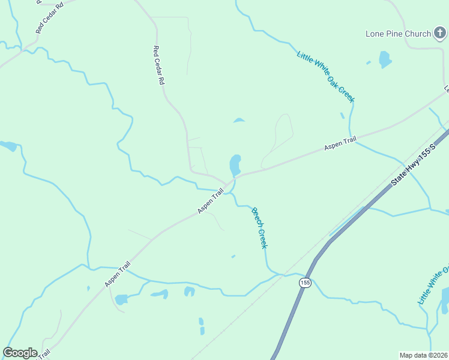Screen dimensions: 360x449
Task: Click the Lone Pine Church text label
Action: (x=399, y=34)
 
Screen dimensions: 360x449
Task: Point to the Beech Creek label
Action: (x=259, y=227)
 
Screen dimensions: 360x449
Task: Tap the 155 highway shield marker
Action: (x=305, y=283)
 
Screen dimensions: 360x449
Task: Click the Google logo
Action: (x=20, y=352)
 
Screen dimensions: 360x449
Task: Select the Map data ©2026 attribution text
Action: (x=423, y=355)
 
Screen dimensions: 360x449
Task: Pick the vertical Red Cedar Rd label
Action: (x=158, y=65)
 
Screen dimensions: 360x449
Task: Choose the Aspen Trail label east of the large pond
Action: (x=340, y=143)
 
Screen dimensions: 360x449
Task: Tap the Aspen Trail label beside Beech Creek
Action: (x=211, y=200)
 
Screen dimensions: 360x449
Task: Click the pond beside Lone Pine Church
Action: (x=385, y=59)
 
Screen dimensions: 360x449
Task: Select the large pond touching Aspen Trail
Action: (x=235, y=164)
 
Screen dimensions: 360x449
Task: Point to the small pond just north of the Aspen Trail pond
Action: (x=239, y=120)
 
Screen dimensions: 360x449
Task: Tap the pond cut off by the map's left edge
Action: (x=8, y=146)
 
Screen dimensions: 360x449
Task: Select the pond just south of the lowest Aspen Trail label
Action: (x=121, y=299)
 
